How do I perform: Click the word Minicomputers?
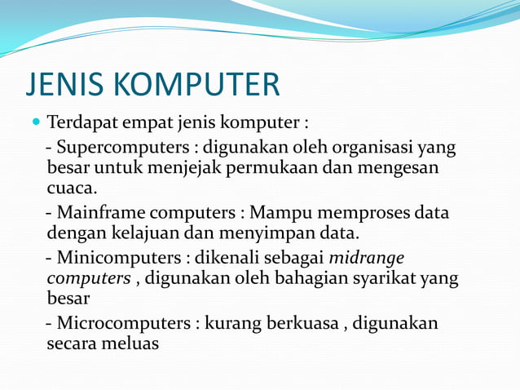click(x=119, y=258)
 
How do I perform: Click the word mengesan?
click(x=399, y=169)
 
